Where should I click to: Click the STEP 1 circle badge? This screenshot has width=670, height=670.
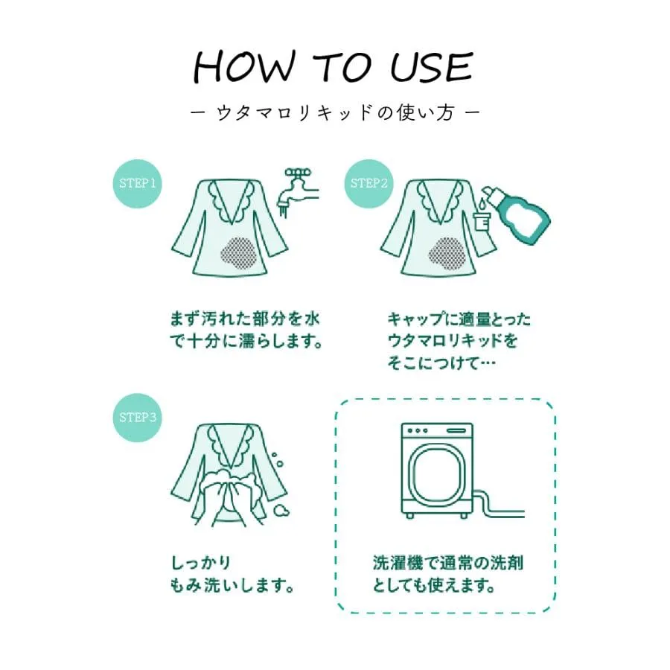pyautogui.click(x=137, y=184)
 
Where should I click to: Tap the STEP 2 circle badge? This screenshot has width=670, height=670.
pyautogui.click(x=368, y=184)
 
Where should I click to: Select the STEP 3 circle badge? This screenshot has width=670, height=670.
pyautogui.click(x=137, y=418)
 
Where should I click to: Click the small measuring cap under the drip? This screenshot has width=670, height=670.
pyautogui.click(x=482, y=221)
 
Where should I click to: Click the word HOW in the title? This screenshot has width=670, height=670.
pyautogui.click(x=244, y=67)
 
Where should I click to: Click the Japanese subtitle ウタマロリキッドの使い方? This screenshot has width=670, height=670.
pyautogui.click(x=335, y=113)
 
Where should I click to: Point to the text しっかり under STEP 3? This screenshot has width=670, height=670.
pyautogui.click(x=201, y=562)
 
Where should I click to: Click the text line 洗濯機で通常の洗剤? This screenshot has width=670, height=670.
pyautogui.click(x=447, y=563)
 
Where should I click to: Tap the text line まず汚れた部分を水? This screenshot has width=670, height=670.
pyautogui.click(x=244, y=319)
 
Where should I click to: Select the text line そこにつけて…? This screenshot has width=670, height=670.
pyautogui.click(x=441, y=363)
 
